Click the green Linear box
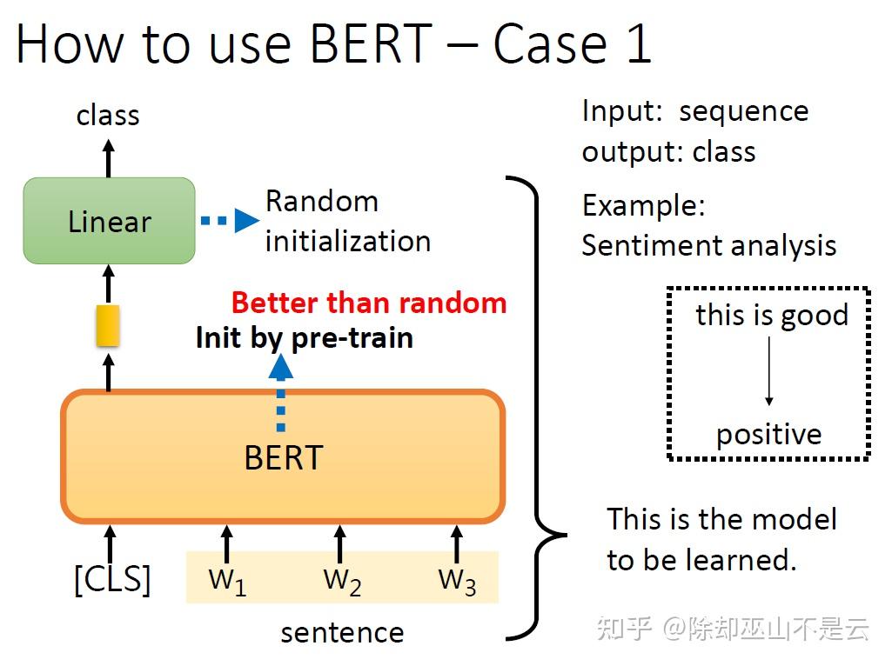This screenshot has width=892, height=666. click(x=109, y=221)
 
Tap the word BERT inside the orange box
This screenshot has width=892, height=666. click(x=283, y=457)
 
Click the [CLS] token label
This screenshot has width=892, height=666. click(x=111, y=579)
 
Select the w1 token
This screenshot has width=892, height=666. click(x=227, y=581)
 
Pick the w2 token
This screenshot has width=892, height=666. click(x=341, y=581)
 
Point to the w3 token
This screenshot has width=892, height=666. click(x=456, y=581)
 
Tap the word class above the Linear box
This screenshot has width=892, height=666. click(x=108, y=115)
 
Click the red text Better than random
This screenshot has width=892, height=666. click(x=368, y=303)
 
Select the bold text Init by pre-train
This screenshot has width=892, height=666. click(x=304, y=337)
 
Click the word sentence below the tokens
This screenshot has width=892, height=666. click(x=341, y=632)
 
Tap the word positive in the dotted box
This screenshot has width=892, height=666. click(x=768, y=434)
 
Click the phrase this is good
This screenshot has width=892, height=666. click(x=771, y=315)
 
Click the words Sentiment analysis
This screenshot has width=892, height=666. click(x=708, y=246)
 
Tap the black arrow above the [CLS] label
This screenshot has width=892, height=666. click(x=110, y=543)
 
